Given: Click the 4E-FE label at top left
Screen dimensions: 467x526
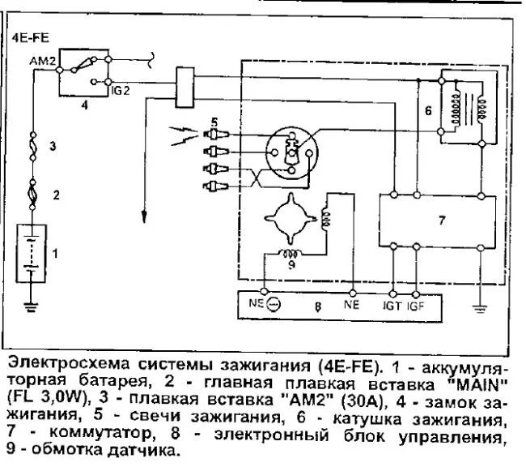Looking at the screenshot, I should point(30,37).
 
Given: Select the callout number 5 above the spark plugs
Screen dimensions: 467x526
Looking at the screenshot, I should point(214,122).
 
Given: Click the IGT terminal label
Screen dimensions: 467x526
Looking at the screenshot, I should point(393,308).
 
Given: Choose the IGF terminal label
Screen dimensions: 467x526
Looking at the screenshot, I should point(414,308).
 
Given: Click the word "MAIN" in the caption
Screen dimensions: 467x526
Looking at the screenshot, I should point(476,382).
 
